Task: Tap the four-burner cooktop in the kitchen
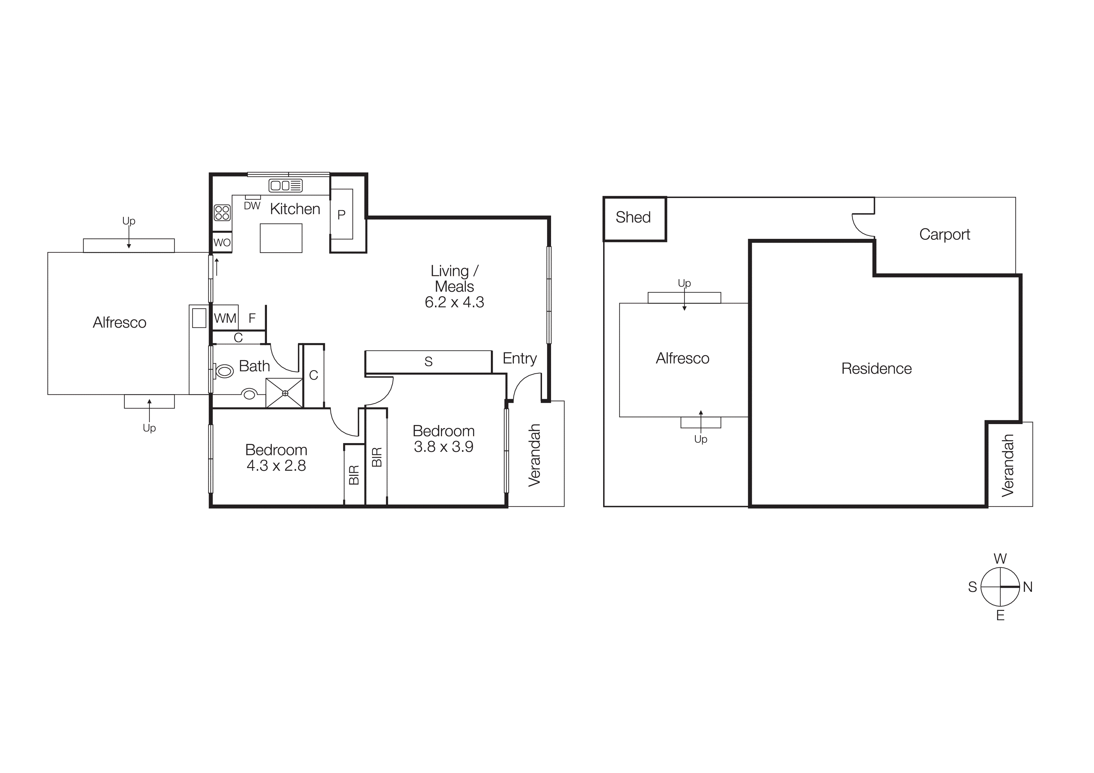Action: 222,212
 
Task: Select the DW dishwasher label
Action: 252,206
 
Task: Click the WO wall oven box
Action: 222,242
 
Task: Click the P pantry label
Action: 341,215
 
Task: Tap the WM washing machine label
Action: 225,318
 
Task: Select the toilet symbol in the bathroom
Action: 224,370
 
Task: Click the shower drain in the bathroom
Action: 285,393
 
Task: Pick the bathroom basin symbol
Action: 249,394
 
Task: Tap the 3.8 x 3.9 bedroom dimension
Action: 443,447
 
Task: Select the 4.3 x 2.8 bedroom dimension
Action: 276,465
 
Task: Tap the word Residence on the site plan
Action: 876,369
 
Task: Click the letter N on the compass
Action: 1028,587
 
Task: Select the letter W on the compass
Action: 1000,559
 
